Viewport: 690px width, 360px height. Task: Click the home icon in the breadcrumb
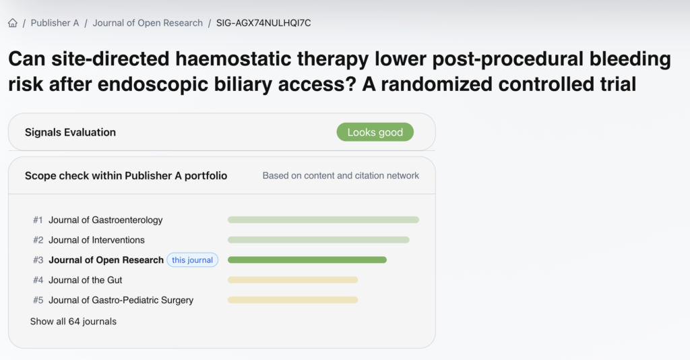coord(13,23)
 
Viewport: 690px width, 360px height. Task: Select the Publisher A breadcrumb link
coord(55,23)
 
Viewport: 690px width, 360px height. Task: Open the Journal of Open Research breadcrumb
coord(148,23)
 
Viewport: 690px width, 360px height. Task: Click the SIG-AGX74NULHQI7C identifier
coord(263,23)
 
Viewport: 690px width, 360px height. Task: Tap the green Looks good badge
coord(375,132)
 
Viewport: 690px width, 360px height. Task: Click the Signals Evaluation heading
coord(70,132)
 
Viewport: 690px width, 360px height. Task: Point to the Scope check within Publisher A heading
coord(126,175)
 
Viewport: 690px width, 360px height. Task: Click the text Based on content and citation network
coord(340,175)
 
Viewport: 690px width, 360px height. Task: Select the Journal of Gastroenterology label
coord(106,220)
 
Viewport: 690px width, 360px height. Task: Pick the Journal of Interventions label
coord(96,240)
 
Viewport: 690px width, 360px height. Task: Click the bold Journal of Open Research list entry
coord(106,260)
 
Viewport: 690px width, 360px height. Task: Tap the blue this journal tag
coord(192,260)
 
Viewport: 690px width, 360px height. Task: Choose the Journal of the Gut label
coord(86,280)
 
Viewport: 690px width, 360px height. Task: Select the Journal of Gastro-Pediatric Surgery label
coord(121,300)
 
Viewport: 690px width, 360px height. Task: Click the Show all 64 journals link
coord(73,322)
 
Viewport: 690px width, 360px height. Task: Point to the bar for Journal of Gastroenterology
coord(323,220)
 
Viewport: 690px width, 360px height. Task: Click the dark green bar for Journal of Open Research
coord(307,260)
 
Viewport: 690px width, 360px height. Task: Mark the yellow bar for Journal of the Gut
coord(292,280)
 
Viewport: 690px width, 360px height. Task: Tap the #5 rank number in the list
coord(38,300)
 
